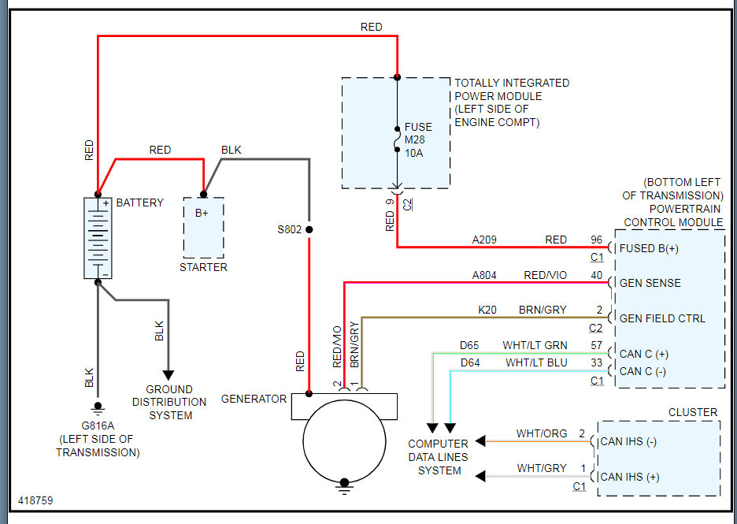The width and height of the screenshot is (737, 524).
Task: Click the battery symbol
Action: tap(98, 238)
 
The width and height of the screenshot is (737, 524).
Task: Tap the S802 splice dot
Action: tap(309, 230)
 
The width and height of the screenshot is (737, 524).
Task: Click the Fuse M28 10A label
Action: tap(418, 140)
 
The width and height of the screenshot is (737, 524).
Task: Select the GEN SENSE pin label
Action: tap(650, 283)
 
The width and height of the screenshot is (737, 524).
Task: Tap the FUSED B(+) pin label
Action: tap(650, 247)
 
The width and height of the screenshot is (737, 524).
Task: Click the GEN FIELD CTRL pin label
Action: tap(662, 318)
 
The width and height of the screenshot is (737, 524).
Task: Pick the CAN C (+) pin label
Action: tap(643, 354)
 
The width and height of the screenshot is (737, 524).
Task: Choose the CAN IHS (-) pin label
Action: tap(628, 441)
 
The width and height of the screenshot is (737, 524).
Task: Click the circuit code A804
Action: tap(484, 275)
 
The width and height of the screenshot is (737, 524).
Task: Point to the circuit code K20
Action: tap(487, 310)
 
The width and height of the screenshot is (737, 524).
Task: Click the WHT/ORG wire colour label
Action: tap(542, 433)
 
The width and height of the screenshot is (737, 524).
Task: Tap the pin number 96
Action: tap(596, 240)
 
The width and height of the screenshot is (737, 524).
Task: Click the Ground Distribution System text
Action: tap(169, 402)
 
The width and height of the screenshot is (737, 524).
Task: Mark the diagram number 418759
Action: tap(36, 500)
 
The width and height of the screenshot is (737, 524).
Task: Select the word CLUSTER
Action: tap(693, 412)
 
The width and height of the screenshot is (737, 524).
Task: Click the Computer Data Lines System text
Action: tap(439, 457)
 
